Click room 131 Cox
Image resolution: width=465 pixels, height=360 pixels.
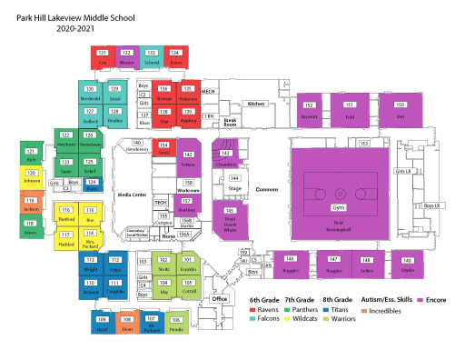point(103,57)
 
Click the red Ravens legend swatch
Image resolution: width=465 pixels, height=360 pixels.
point(252,310)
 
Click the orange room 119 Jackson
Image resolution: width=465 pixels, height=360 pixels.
point(30,205)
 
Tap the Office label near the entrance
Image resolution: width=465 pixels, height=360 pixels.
point(219,297)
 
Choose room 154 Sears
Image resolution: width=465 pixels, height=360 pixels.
point(163,150)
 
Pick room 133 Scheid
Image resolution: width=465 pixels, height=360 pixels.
point(152,57)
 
